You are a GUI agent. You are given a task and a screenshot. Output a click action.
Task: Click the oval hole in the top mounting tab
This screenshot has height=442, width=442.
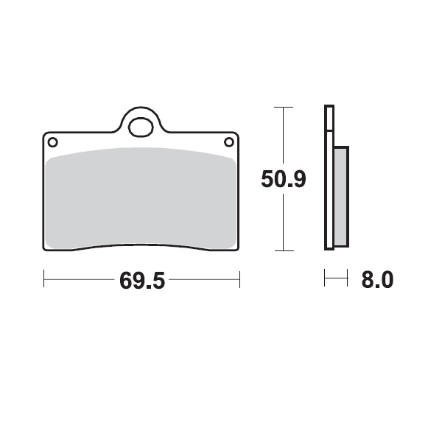(x=141, y=127)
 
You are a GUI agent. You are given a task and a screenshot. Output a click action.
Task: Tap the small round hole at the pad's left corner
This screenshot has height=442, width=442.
(x=52, y=141)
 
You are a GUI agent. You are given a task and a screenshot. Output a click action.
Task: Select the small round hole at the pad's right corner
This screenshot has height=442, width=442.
(x=229, y=141)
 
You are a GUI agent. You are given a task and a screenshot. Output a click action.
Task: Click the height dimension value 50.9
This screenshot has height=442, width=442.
(x=284, y=179)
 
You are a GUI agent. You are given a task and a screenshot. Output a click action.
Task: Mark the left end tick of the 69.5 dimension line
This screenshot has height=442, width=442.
(x=44, y=279)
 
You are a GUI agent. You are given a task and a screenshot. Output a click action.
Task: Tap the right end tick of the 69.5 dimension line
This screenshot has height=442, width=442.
(x=239, y=279)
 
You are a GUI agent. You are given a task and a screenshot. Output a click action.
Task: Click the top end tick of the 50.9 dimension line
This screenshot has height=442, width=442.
(x=283, y=108)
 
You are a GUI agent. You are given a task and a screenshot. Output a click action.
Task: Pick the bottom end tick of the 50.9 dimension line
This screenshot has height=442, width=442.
(x=283, y=250)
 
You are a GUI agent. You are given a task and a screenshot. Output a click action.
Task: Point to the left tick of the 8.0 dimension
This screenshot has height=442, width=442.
(x=325, y=278)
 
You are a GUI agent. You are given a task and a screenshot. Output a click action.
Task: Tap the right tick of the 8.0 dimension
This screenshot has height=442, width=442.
(x=346, y=278)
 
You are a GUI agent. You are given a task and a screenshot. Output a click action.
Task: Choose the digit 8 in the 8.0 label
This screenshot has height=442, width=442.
(x=366, y=281)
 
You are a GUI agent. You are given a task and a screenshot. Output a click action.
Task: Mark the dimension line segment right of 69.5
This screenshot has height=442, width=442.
(x=203, y=279)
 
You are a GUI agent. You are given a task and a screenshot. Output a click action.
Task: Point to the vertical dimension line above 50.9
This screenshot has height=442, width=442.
(x=283, y=136)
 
